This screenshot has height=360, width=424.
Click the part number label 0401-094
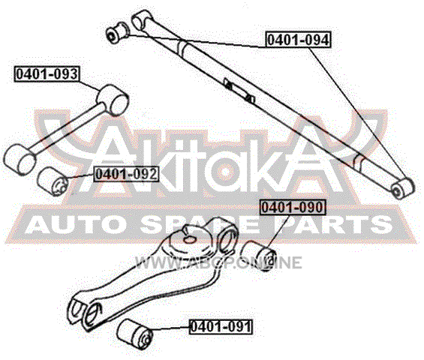(299, 40)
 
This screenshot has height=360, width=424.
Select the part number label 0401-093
(47, 73)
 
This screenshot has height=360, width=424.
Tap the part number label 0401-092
(126, 174)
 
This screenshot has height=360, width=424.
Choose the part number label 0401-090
(293, 207)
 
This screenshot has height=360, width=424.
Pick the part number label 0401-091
(221, 326)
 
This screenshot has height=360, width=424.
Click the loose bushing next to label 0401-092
(53, 181)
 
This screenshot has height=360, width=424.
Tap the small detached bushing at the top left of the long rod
(117, 32)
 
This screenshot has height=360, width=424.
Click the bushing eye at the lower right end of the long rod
(402, 187)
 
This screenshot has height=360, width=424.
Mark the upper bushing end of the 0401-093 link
(113, 100)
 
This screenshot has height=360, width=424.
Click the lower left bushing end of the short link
(20, 160)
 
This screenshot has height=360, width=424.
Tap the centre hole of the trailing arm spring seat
(189, 239)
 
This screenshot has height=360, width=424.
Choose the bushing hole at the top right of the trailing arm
(227, 237)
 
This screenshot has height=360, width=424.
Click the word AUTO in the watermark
(74, 226)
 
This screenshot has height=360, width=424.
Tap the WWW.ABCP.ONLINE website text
(218, 262)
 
